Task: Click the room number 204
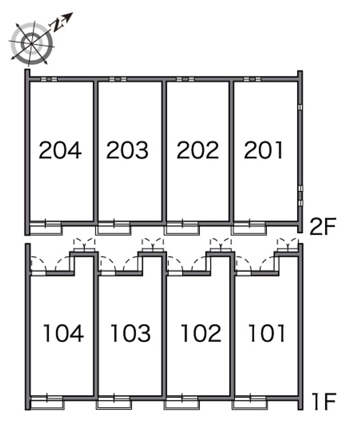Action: click(60, 150)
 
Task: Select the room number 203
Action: click(127, 150)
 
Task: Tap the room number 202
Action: click(198, 150)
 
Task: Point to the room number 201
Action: click(263, 150)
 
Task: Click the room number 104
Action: click(63, 333)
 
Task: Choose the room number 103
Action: click(130, 333)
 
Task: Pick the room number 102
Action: click(201, 333)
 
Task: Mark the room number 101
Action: click(267, 333)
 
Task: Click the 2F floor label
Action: click(323, 227)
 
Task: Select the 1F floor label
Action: click(324, 402)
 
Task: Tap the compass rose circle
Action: click(32, 44)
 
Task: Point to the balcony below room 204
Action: click(45, 228)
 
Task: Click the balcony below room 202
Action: click(182, 228)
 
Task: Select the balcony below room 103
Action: click(114, 403)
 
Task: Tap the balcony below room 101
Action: click(250, 403)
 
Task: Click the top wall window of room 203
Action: click(118, 79)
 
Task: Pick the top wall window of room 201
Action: click(252, 79)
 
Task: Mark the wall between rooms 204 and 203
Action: click(95, 151)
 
